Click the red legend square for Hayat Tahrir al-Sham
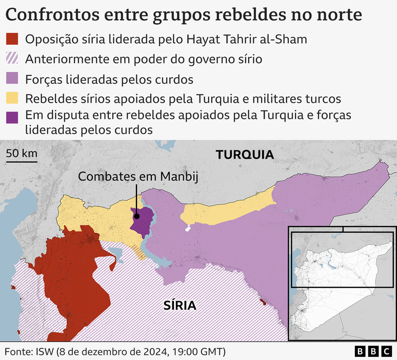click(x=12, y=39)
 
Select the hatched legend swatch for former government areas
click(x=12, y=59)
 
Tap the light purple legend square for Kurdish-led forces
click(x=12, y=79)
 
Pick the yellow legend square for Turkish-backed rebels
click(x=12, y=98)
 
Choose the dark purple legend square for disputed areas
click(x=12, y=117)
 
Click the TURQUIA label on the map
click(x=245, y=155)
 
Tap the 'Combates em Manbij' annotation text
click(x=138, y=177)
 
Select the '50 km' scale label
click(x=22, y=154)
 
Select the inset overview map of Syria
click(x=342, y=282)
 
